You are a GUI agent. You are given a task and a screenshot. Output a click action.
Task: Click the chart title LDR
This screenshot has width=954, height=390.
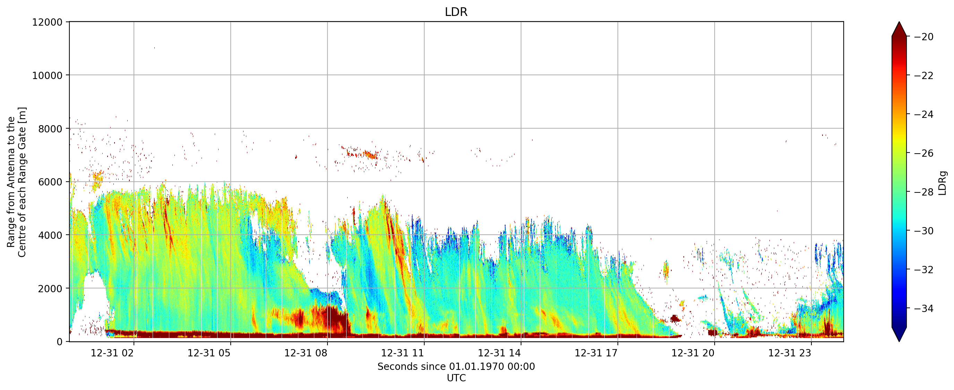click(x=456, y=12)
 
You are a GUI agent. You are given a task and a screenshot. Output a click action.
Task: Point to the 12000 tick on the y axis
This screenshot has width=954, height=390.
click(x=48, y=22)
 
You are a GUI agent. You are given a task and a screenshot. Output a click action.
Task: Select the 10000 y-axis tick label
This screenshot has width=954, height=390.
click(x=48, y=76)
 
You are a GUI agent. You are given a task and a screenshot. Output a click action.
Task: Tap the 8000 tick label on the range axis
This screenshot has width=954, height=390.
click(x=50, y=129)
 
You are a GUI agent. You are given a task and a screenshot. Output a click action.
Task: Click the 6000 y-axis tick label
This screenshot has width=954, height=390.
click(x=50, y=182)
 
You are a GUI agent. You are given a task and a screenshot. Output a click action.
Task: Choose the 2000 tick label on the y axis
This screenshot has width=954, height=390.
click(x=50, y=289)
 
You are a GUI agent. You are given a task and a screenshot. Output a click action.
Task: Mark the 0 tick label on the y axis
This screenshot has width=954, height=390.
click(x=60, y=342)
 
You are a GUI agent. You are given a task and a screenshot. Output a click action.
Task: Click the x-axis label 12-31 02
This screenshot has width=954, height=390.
click(x=112, y=353)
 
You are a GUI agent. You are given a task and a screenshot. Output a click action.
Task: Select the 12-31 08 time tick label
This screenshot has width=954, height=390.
click(x=306, y=353)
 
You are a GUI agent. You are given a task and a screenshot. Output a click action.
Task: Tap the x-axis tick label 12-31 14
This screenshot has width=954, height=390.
click(x=499, y=353)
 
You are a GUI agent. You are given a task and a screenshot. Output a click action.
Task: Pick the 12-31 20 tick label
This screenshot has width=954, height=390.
click(x=693, y=353)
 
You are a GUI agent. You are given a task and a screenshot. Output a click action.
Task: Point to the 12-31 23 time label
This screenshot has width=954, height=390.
click(x=790, y=353)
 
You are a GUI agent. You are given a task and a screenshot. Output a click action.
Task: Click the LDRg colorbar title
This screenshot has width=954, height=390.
click(x=943, y=183)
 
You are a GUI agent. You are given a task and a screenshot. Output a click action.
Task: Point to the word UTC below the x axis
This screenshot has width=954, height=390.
click(x=456, y=378)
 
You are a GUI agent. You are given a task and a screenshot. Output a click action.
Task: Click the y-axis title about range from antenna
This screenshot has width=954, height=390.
click(x=17, y=182)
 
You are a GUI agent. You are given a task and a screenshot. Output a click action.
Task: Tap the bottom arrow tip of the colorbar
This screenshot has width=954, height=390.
click(x=899, y=341)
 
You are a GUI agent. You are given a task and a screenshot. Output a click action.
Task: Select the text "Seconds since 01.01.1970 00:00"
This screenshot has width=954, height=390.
click(x=456, y=367)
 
